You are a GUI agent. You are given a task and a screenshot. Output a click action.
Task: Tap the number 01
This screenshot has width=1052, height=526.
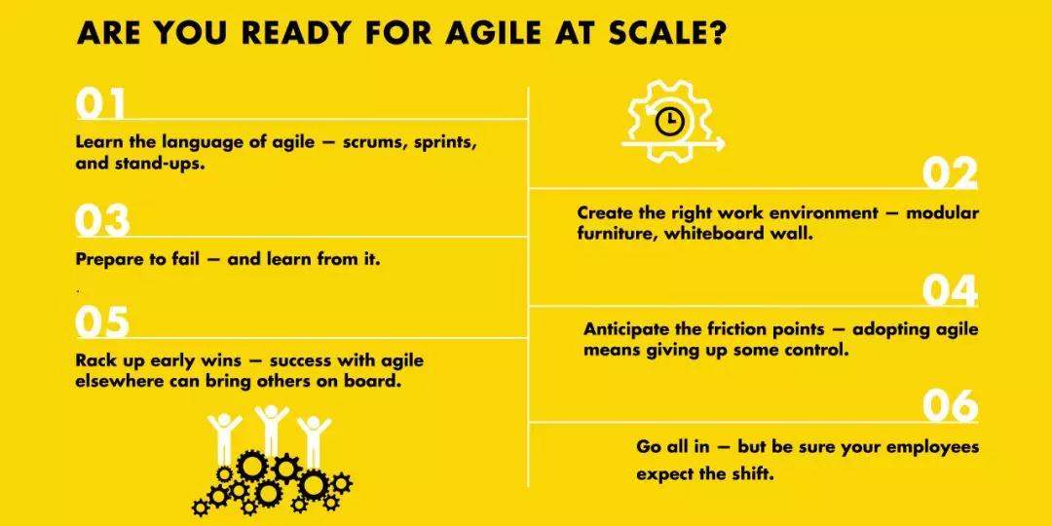coord(100,104)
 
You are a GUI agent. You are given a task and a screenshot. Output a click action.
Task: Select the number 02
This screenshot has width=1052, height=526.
coord(950,173)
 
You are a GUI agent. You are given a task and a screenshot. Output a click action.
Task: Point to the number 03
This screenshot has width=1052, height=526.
coord(102,221)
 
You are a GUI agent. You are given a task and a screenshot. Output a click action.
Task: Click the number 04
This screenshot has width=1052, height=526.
coord(950,290)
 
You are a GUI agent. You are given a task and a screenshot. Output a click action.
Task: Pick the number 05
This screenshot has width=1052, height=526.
coord(102,322)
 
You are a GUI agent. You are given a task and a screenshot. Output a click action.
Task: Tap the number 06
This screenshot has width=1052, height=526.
coord(950,406)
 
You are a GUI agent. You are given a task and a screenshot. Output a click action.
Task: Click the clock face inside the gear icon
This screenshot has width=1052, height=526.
coord(669,122)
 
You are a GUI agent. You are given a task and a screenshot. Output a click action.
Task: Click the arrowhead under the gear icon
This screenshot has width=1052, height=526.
coord(719,143)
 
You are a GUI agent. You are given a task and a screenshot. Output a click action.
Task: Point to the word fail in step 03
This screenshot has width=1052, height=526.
coord(184,259)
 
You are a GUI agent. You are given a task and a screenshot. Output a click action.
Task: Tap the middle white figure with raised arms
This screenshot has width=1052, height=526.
coord(272,431)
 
